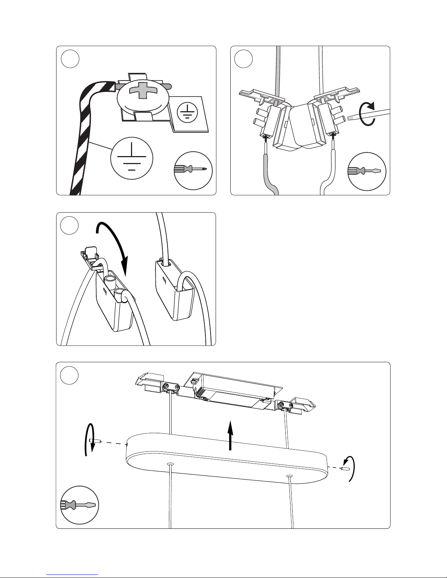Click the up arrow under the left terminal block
click(266, 139)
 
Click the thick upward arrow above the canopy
click(230, 435)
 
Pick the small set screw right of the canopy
click(344, 469)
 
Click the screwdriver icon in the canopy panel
click(79, 505)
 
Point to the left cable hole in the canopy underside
click(170, 464)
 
